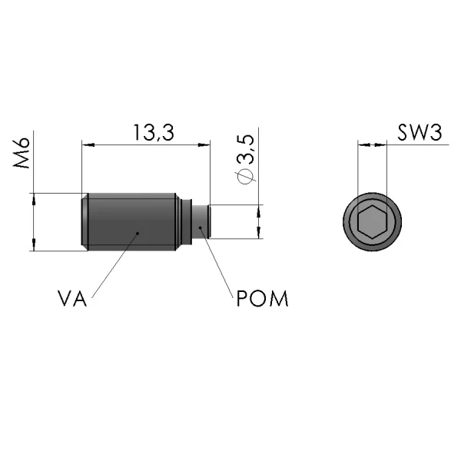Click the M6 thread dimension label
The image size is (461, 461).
pyautogui.click(x=22, y=153)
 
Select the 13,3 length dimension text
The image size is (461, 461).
pyautogui.click(x=154, y=132)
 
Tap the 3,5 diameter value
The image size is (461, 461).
pyautogui.click(x=245, y=149)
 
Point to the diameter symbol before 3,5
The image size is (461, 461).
pyautogui.click(x=245, y=177)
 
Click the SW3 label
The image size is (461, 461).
pyautogui.click(x=420, y=133)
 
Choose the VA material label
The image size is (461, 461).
pyautogui.click(x=72, y=299)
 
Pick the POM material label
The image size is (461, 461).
pyautogui.click(x=262, y=299)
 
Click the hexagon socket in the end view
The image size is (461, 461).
pyautogui.click(x=372, y=222)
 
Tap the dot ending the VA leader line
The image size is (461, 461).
pyautogui.click(x=138, y=233)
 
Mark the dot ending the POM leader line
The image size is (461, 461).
pyautogui.click(x=201, y=227)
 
